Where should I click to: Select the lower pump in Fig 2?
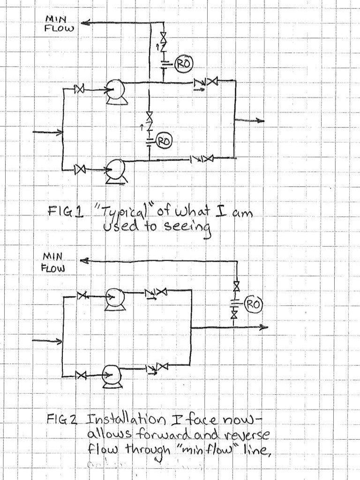(111, 375)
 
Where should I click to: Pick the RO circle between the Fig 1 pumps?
(164, 140)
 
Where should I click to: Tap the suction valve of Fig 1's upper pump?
(80, 89)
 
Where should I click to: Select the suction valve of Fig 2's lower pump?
(81, 375)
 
